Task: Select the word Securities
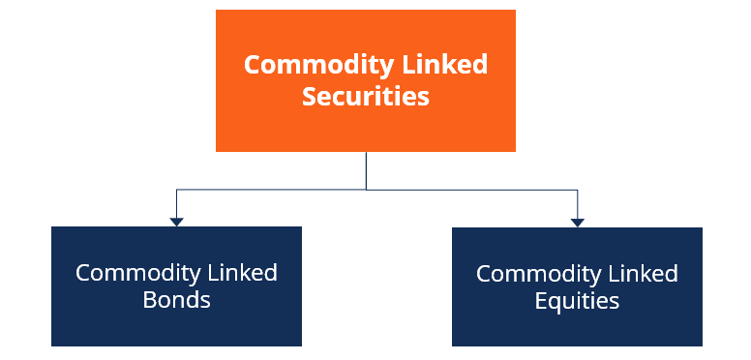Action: pyautogui.click(x=366, y=97)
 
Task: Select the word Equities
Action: pyautogui.click(x=577, y=301)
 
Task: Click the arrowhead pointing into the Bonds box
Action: pyautogui.click(x=176, y=222)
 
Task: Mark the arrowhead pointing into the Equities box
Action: pyautogui.click(x=578, y=222)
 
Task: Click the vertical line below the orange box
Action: pyautogui.click(x=366, y=170)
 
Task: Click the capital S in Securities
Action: pyautogui.click(x=310, y=97)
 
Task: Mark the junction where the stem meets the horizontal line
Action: pyautogui.click(x=366, y=190)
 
